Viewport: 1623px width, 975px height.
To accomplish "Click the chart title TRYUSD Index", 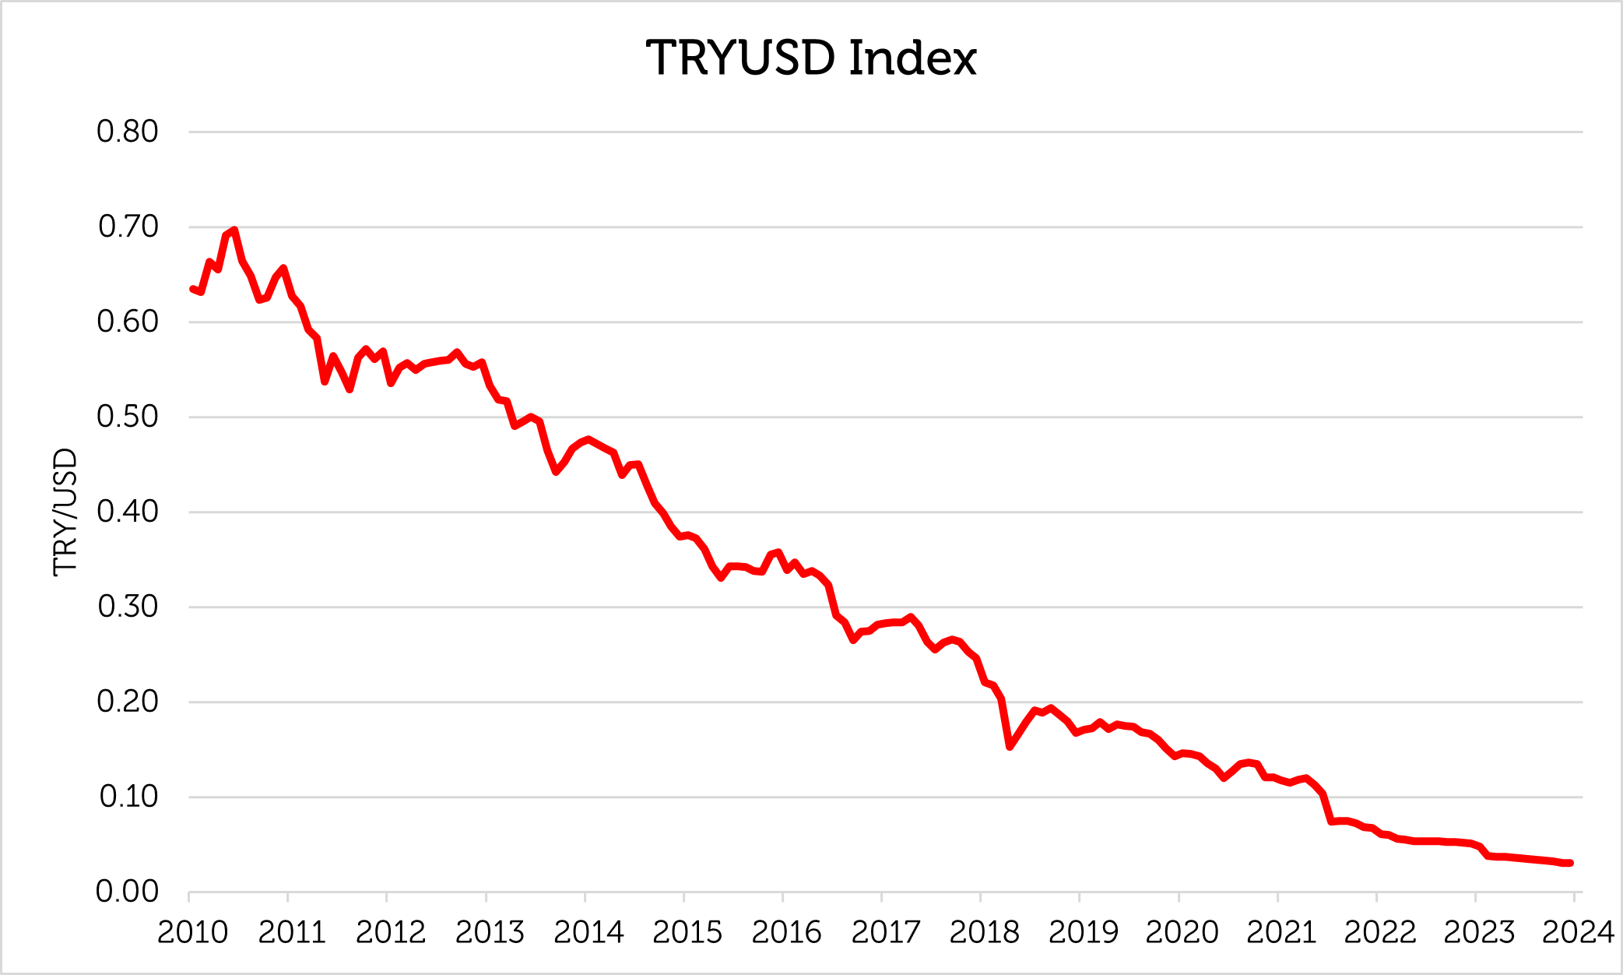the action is click(811, 58).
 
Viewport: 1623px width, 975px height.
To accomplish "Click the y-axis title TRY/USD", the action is click(65, 512).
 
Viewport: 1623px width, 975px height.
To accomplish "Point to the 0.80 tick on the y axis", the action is click(127, 132).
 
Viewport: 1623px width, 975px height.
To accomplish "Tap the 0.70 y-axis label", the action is click(128, 227).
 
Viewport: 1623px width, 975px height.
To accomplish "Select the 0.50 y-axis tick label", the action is click(127, 417).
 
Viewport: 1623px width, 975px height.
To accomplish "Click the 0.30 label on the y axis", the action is click(128, 607).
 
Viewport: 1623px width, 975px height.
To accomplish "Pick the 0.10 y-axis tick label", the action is click(128, 797).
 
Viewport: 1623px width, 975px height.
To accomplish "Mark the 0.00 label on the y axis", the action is click(127, 892).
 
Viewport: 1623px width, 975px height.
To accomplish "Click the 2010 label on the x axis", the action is click(192, 932).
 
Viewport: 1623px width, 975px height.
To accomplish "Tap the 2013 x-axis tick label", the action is click(490, 932).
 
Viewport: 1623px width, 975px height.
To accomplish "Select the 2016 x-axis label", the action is click(786, 932).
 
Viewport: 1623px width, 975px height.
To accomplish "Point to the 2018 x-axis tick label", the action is click(984, 932).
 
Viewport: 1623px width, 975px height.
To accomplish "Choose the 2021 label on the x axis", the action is click(1281, 932).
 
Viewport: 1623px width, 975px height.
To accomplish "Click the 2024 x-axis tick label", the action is click(1578, 932).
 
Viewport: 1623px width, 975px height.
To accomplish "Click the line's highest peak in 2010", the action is click(234, 231).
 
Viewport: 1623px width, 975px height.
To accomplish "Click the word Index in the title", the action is click(913, 58).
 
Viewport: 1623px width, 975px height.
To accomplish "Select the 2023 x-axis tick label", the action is click(1479, 932).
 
